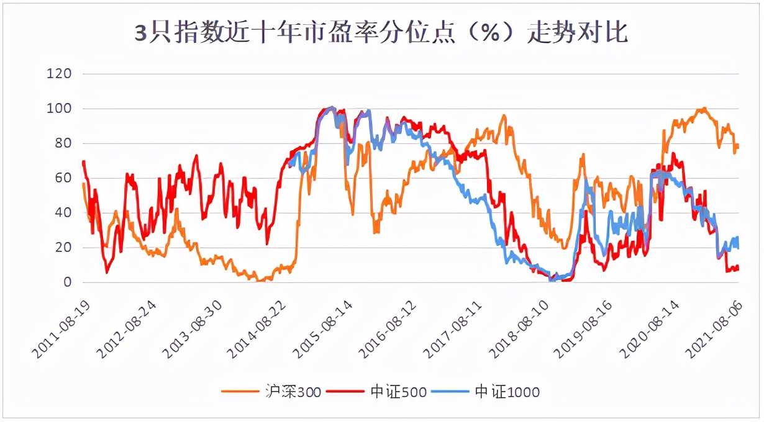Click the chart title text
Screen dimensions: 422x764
(381, 33)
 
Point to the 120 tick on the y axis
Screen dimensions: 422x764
(60, 74)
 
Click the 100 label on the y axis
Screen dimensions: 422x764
(60, 109)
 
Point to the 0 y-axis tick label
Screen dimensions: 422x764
(67, 282)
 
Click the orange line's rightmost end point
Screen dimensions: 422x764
(737, 146)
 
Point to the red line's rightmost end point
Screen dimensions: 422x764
(737, 267)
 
